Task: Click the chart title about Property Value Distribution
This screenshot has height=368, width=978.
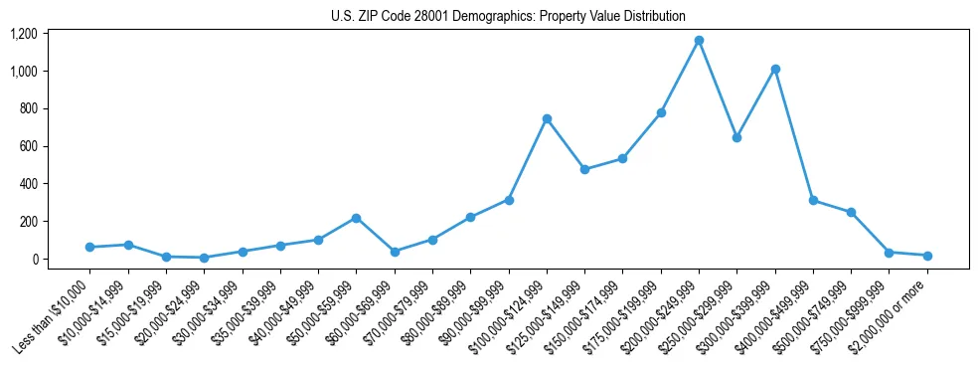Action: click(x=508, y=16)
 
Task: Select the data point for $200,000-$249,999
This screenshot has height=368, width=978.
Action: click(x=699, y=41)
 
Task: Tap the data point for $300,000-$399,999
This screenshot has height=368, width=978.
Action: click(x=775, y=69)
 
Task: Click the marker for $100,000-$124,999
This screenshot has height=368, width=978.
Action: click(x=547, y=118)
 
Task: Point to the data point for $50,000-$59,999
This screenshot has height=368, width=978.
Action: click(x=356, y=218)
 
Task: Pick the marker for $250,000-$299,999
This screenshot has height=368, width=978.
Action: click(x=736, y=137)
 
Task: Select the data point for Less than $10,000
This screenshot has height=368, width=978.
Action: click(x=89, y=247)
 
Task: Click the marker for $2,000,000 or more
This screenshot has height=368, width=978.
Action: click(x=927, y=256)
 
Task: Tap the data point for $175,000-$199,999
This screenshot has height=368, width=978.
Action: click(x=661, y=112)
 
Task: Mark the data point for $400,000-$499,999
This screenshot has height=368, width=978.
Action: click(x=813, y=200)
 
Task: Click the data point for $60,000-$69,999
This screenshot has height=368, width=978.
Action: click(x=395, y=252)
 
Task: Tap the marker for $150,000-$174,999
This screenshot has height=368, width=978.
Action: click(x=622, y=158)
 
